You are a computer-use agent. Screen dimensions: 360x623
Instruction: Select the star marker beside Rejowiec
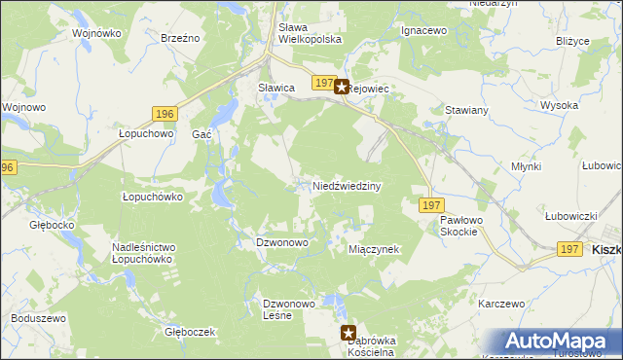pos(342,87)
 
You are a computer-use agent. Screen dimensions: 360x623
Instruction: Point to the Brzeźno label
pos(180,37)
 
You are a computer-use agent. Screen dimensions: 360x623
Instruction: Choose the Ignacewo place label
pos(423,31)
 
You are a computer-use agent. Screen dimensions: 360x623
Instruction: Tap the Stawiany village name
pos(466,111)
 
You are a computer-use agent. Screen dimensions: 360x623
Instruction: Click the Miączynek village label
pos(375,249)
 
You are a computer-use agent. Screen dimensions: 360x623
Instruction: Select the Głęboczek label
pos(190,332)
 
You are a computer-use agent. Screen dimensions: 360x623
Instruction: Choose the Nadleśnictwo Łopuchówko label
pos(142,254)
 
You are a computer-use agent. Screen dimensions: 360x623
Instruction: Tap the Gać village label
pos(202,134)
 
